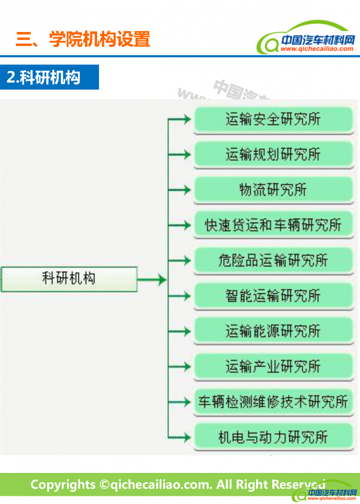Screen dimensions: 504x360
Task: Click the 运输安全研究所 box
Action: (273, 119)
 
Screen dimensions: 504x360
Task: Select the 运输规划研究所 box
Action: (273, 154)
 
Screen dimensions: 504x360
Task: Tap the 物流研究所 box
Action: (273, 190)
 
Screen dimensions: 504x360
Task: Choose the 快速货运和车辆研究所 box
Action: (273, 225)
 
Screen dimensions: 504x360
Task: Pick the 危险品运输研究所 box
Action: (273, 260)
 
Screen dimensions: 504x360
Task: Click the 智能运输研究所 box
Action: (273, 295)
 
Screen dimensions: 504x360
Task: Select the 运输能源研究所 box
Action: (273, 331)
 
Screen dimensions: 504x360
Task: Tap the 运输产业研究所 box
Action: (273, 366)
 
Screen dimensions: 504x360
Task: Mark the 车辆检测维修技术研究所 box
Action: (273, 401)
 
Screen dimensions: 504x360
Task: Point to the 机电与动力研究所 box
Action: (273, 436)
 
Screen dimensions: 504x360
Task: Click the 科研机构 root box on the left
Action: (69, 279)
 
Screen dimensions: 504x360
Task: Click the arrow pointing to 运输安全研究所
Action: (180, 119)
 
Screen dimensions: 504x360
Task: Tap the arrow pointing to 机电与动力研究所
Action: (180, 436)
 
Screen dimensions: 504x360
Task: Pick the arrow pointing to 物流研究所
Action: (180, 190)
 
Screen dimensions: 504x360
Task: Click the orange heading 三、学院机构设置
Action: (83, 39)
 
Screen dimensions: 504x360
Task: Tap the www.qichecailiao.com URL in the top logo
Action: (317, 49)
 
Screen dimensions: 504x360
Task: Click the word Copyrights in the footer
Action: (63, 485)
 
